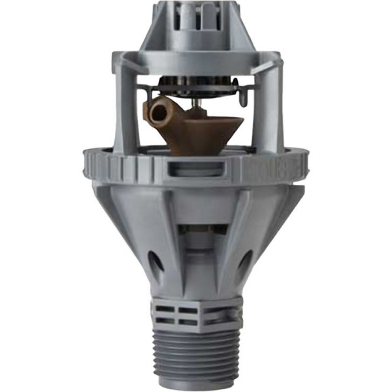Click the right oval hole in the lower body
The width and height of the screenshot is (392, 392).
pos(242,264)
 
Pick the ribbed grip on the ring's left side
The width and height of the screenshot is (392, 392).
pos(105,165)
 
